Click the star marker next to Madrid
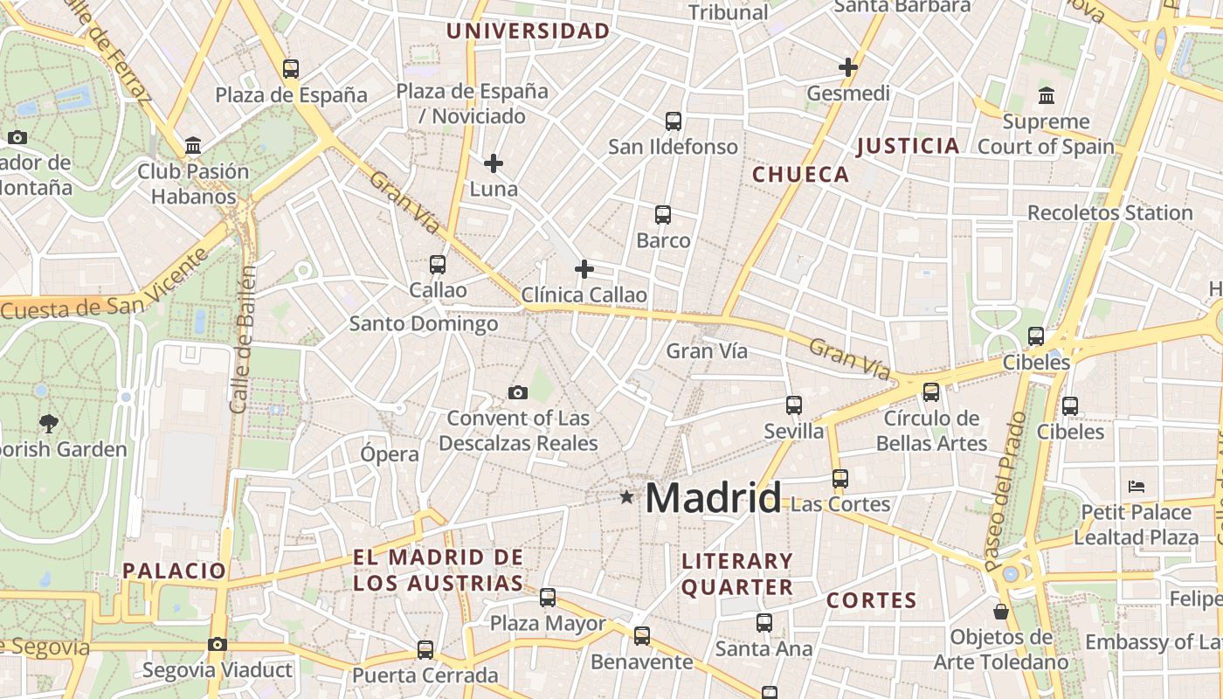626,497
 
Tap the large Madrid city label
713,498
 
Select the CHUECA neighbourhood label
800,174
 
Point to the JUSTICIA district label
908,146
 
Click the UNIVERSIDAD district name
528,31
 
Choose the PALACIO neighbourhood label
174,571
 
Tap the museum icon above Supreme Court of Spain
1046,95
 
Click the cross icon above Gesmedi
847,66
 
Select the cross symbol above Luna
494,163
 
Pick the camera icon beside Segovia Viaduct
218,645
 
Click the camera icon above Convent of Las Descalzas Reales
518,392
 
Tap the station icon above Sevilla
793,405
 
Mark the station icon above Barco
663,215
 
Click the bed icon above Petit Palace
1136,486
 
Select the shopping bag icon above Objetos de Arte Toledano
1001,612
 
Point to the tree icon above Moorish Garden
48,424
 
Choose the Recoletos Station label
1109,212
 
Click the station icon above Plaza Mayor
548,598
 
